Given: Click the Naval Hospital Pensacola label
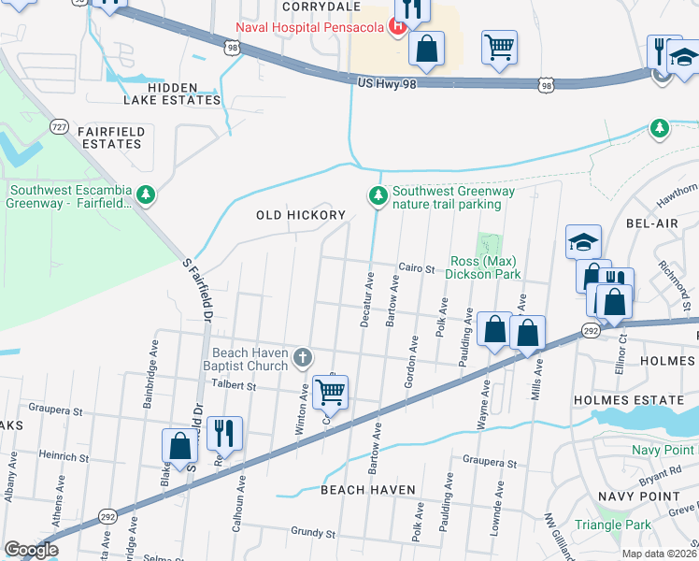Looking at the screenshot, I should coord(309,26).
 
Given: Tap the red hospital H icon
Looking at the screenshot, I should coord(396,26).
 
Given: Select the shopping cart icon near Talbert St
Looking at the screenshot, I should coord(331,392).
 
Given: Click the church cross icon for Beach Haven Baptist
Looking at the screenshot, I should coord(302,356).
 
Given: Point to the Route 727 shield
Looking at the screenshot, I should coord(59,126).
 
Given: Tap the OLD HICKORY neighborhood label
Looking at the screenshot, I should coord(301,215).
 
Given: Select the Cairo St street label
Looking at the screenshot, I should coord(418,269).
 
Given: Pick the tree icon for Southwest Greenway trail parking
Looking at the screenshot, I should coord(378,195).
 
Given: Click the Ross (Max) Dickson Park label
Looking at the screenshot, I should coord(484,268).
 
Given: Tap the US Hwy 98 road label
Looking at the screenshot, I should coord(387,84).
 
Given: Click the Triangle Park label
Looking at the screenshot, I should coord(613,525).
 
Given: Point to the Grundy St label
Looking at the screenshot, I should coord(312,533).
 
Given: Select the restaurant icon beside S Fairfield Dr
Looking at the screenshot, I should coord(224,433).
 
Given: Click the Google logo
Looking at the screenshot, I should coord(31,550).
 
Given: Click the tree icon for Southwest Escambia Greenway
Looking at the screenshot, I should coord(145,194).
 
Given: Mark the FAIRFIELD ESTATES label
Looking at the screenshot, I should coord(111,138).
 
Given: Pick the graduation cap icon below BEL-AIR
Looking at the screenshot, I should coord(583,242).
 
